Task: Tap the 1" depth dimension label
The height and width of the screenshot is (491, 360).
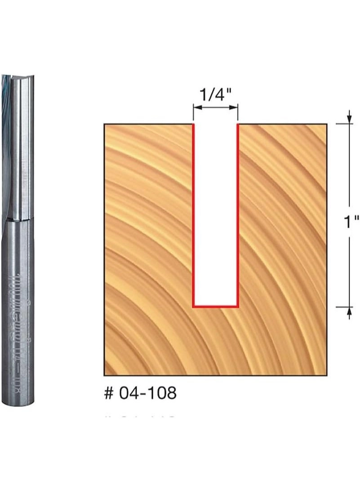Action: pyautogui.click(x=349, y=222)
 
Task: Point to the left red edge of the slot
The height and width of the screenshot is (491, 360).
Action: pyautogui.click(x=193, y=216)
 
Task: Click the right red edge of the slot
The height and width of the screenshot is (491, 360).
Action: pyautogui.click(x=237, y=216)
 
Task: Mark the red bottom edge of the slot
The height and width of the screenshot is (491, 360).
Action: pyautogui.click(x=215, y=307)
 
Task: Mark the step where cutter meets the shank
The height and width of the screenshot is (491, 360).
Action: pyautogui.click(x=18, y=220)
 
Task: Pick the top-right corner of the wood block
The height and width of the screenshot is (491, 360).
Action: pyautogui.click(x=327, y=124)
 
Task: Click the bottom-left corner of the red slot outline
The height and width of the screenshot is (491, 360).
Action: pyautogui.click(x=193, y=307)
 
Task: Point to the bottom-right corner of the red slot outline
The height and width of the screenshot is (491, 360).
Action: pyautogui.click(x=237, y=307)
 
